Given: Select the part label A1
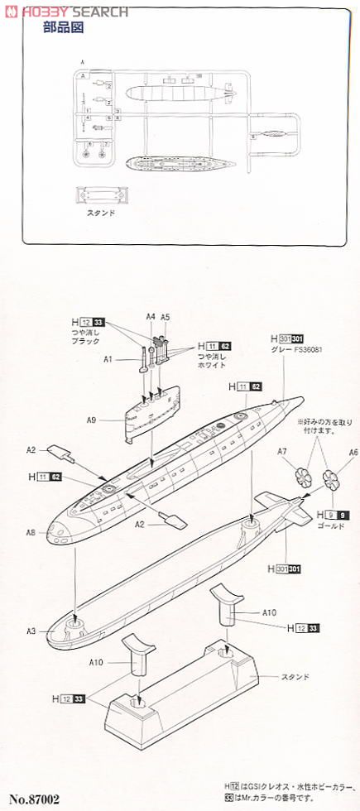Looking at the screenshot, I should (x=108, y=360).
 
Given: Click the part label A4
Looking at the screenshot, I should (x=151, y=316).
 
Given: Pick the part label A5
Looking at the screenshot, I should (x=166, y=316).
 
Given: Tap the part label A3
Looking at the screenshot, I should (x=32, y=631).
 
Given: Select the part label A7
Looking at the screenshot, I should (x=281, y=452).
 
